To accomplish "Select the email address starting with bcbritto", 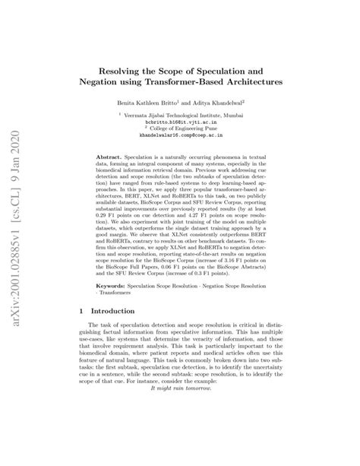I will pos(180,120).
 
